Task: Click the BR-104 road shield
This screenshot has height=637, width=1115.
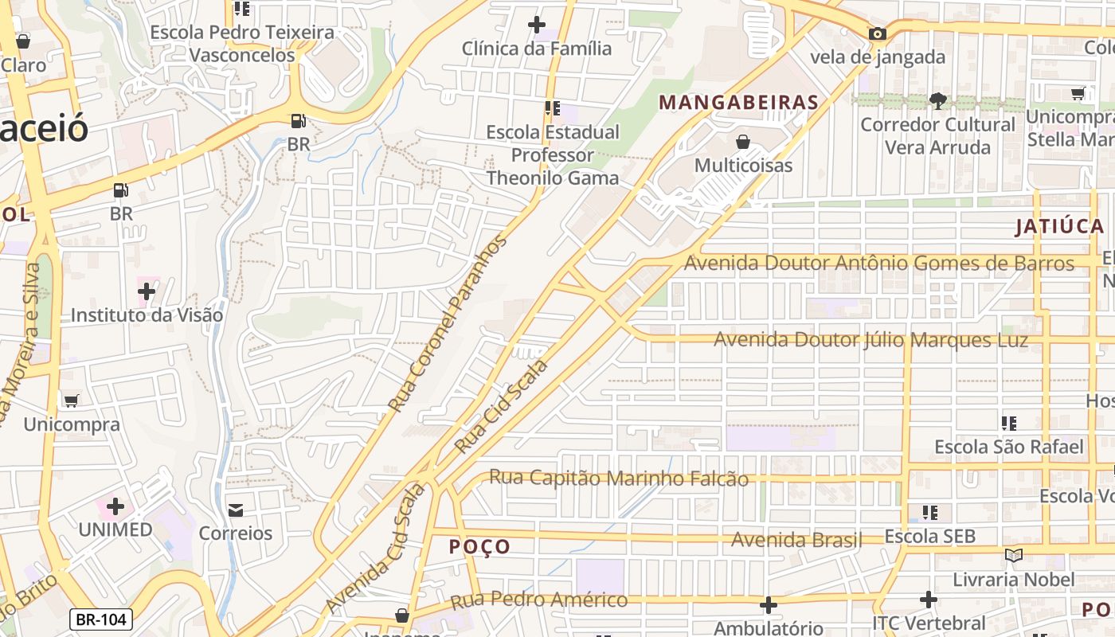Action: tap(100, 619)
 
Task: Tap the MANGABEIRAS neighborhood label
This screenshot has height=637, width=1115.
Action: tap(739, 102)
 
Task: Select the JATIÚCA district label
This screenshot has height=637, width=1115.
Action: tap(1058, 227)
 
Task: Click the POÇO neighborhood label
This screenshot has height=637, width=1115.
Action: tap(479, 547)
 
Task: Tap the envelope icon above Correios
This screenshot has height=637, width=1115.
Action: tap(236, 510)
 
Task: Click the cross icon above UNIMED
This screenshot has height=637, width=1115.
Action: tap(115, 506)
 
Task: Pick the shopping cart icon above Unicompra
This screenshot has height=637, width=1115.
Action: tap(71, 401)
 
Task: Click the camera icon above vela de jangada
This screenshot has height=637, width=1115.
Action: tap(878, 33)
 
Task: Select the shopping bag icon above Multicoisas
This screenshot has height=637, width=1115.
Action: tap(743, 142)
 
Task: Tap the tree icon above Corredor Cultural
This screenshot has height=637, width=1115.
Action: tap(937, 101)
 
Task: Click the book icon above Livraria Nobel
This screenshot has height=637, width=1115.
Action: tap(1013, 555)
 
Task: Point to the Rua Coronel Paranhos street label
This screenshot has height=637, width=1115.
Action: tap(447, 323)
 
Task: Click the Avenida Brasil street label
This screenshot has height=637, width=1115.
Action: tap(796, 540)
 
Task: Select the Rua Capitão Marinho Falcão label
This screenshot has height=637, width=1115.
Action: tap(618, 479)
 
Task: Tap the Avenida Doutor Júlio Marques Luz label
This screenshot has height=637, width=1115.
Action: tap(870, 340)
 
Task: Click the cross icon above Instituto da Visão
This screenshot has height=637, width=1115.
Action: tap(147, 291)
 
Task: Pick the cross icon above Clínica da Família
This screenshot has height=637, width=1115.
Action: tap(537, 25)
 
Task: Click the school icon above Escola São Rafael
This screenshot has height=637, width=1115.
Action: tap(1009, 423)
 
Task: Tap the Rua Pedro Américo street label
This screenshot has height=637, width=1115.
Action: tap(538, 600)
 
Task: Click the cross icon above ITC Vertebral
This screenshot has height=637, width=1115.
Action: tap(928, 599)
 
